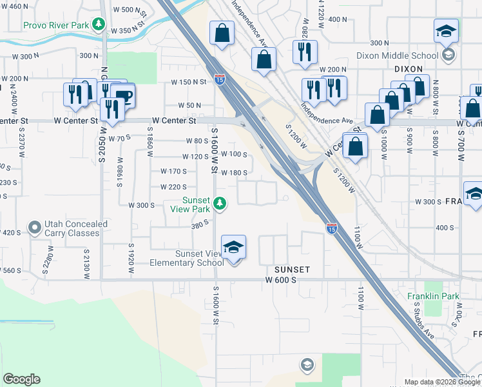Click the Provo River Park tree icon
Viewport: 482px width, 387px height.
(99, 25)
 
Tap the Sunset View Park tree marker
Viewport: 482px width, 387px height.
(220, 204)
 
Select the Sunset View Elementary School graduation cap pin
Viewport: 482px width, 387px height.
(233, 247)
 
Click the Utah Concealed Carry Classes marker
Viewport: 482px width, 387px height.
(35, 228)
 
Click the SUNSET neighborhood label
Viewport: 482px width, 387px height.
(292, 269)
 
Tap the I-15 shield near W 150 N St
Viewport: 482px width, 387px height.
(220, 79)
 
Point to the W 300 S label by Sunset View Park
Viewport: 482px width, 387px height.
(142, 205)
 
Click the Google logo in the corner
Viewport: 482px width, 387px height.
(21, 379)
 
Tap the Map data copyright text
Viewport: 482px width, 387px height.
(429, 382)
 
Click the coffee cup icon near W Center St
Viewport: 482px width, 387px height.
(123, 96)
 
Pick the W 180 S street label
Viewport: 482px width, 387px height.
(235, 172)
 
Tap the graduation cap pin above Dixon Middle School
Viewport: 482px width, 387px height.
(446, 32)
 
